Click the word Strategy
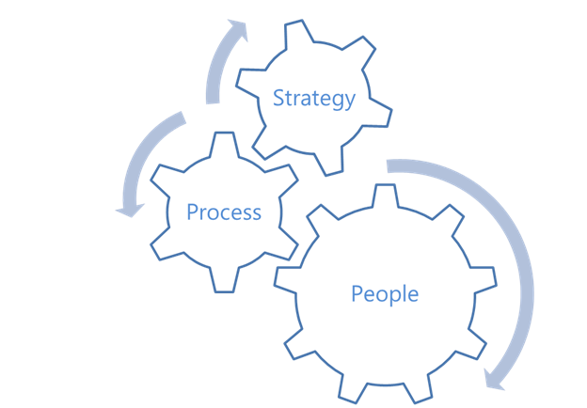(313, 99)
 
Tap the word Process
(224, 212)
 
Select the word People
(385, 294)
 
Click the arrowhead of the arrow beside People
(493, 380)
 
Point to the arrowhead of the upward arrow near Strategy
(239, 29)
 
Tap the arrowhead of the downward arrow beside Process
(130, 211)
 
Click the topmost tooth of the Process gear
(224, 144)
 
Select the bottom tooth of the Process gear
(224, 280)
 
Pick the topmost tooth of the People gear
(385, 196)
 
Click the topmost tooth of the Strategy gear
(297, 33)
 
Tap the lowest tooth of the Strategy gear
(331, 163)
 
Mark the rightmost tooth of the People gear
(484, 277)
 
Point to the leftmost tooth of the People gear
(288, 277)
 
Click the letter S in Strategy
(278, 98)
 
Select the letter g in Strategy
(337, 101)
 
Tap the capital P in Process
(192, 212)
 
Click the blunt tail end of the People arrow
(387, 166)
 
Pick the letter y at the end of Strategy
(350, 102)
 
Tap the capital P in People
(357, 293)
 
